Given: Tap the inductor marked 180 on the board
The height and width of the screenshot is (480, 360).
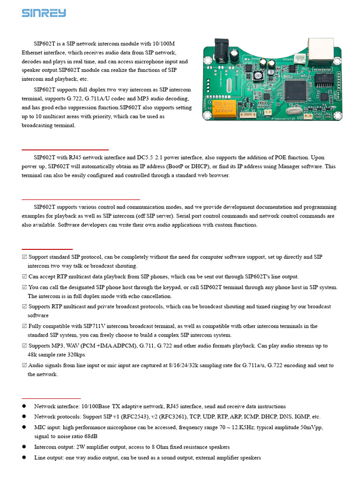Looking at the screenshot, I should coord(257,76).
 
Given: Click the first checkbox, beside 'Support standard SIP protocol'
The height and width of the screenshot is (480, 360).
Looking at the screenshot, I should coord(24,257).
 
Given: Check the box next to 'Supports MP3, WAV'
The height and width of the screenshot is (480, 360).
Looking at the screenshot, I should coord(24,346).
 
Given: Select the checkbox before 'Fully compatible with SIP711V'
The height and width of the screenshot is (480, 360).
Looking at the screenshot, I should coord(24,326).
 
